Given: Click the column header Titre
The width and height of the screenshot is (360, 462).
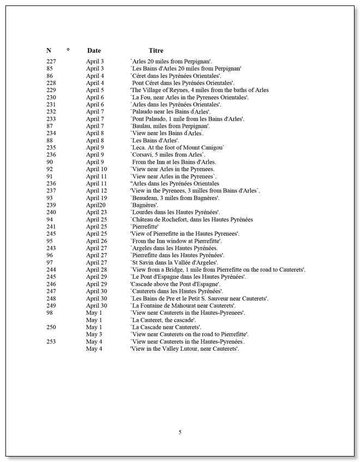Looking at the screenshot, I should [x=155, y=51].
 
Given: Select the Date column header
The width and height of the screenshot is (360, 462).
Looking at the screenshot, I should [x=94, y=51].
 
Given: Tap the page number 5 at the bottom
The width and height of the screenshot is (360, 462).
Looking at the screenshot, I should [x=180, y=432].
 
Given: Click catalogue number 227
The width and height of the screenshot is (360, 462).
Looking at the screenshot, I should [x=51, y=62].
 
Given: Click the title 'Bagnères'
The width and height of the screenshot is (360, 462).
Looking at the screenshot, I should [x=144, y=205].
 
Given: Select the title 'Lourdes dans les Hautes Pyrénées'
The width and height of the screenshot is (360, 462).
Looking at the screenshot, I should [x=175, y=212].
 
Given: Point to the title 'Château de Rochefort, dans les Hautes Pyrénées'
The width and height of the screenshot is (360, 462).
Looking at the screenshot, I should [x=191, y=220].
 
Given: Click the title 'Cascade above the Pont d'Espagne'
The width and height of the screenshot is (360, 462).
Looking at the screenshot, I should [x=175, y=284].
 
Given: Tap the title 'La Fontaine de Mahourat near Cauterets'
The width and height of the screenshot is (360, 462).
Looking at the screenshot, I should [x=182, y=305].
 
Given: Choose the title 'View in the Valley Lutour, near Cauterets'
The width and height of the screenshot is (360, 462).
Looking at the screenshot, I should [x=184, y=349].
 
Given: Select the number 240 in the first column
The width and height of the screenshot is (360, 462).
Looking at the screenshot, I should [x=51, y=212].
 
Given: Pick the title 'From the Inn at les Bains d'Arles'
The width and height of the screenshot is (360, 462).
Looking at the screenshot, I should [x=174, y=162].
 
